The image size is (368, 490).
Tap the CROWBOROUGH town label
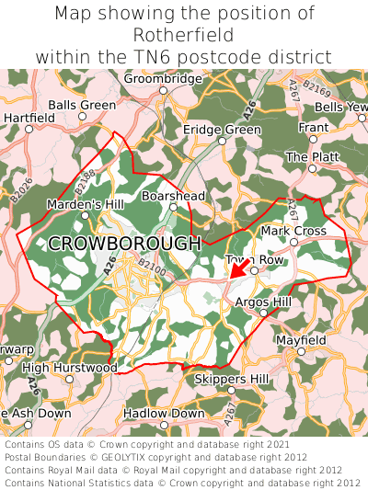tap(124, 244)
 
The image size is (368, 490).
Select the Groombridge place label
tap(162, 79)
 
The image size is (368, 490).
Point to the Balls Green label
tap(82, 106)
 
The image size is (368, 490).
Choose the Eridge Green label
tap(222, 131)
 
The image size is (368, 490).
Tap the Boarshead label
tap(173, 196)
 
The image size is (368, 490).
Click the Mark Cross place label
tap(293, 231)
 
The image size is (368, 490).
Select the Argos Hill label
tap(263, 302)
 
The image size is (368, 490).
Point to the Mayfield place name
tap(301, 340)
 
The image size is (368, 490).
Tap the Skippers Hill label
tap(232, 379)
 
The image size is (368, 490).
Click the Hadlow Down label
tap(164, 414)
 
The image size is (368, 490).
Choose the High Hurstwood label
tap(70, 368)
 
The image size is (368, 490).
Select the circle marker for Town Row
tap(255, 271)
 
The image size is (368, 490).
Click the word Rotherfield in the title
tap(184, 35)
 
